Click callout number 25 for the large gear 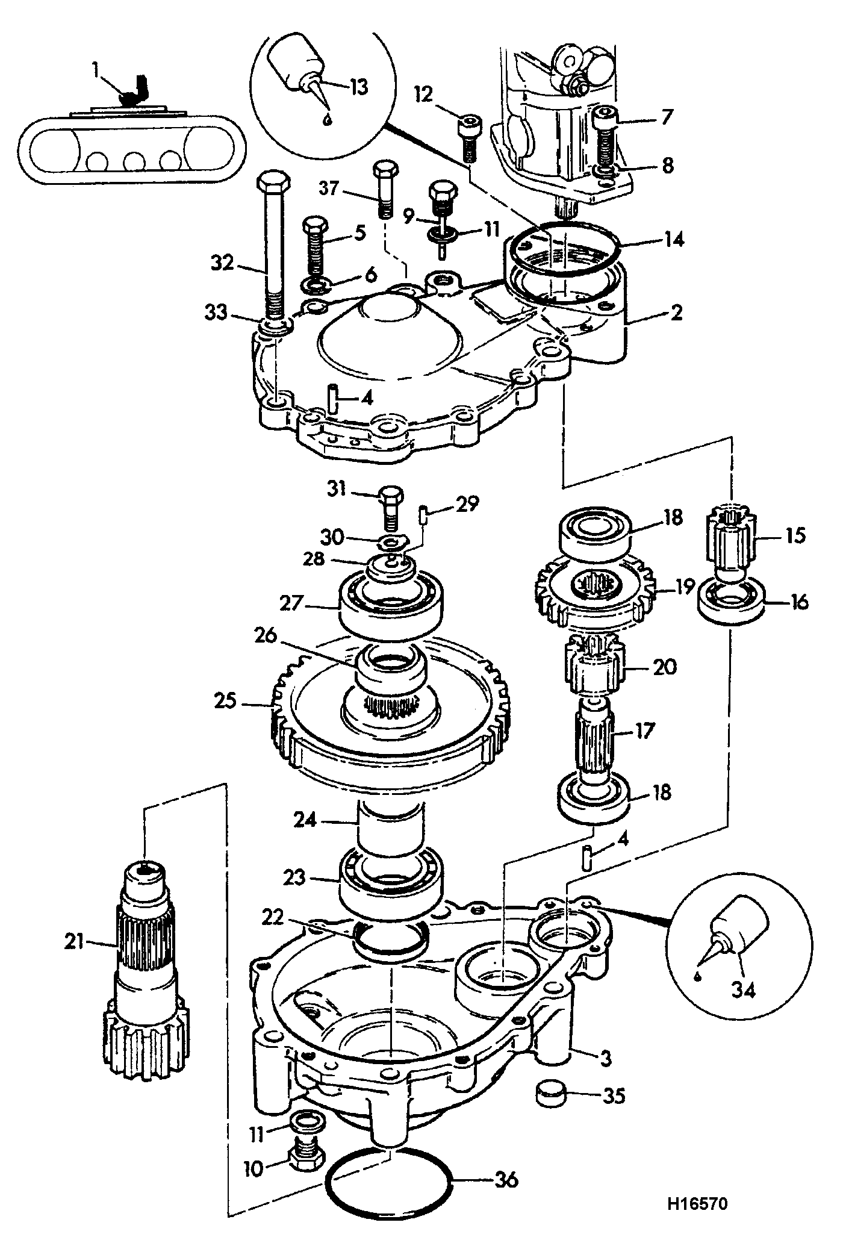pos(227,702)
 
